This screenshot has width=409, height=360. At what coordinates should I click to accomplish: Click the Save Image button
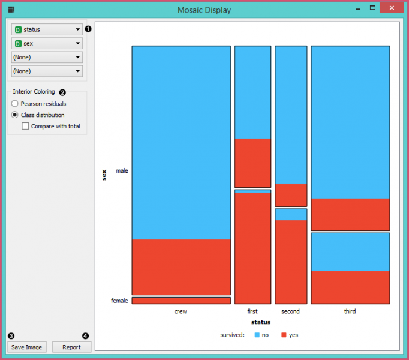tap(26, 347)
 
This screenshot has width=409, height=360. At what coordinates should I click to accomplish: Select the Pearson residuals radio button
tap(15, 104)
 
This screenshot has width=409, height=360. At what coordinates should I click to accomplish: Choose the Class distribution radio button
tap(15, 115)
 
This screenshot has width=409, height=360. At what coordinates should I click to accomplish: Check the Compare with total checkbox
tap(25, 126)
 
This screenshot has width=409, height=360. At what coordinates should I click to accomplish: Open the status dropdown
tap(47, 29)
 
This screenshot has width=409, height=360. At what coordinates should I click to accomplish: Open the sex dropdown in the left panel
tap(47, 43)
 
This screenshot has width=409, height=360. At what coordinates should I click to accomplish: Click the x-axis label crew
tap(181, 311)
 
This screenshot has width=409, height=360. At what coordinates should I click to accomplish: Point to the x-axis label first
tap(252, 311)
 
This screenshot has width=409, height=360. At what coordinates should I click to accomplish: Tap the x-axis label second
tap(290, 311)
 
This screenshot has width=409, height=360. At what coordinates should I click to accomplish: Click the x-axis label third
tap(350, 311)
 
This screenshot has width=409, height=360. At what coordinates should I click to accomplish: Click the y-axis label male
tap(122, 171)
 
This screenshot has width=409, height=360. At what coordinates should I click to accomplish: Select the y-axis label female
tap(119, 301)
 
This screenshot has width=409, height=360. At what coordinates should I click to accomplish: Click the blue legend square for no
tap(257, 335)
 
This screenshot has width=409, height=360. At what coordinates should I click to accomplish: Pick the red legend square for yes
tap(284, 335)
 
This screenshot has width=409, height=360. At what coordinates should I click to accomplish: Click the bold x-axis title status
tap(260, 322)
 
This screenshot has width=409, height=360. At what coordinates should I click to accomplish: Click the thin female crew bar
tap(181, 301)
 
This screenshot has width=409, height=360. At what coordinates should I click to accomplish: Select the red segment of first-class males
tap(252, 163)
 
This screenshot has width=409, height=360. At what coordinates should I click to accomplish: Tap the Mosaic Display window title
tap(204, 10)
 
